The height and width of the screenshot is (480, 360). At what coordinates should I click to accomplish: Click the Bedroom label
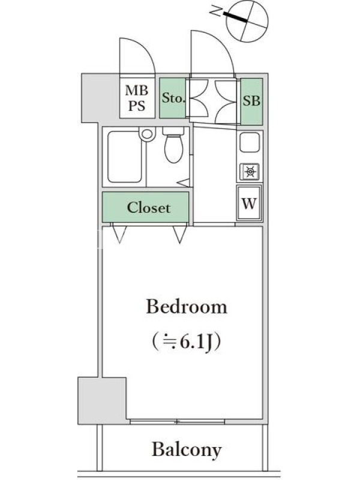click(187, 307)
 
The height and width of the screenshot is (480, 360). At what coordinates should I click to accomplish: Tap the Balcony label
click(187, 449)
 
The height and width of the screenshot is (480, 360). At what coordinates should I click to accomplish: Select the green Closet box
click(145, 207)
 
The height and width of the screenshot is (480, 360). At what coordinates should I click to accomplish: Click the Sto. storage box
click(173, 98)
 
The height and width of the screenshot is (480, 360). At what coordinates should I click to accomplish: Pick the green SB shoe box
click(251, 101)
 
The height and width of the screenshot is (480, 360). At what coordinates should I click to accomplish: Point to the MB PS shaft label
click(137, 98)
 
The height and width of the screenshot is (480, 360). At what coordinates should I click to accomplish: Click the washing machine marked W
click(249, 203)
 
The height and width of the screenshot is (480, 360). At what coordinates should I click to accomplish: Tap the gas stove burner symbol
click(250, 172)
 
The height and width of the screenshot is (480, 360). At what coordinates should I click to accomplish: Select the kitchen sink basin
click(250, 142)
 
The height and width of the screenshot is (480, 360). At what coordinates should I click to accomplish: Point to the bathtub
click(125, 157)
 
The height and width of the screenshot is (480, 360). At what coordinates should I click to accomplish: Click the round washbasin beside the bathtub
click(147, 134)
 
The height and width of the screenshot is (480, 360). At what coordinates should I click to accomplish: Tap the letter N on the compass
click(216, 11)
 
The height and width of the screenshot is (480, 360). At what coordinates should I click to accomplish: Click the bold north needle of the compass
click(235, 17)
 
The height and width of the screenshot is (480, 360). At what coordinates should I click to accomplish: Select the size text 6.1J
click(196, 342)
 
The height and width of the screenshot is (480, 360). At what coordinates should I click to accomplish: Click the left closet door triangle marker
click(119, 234)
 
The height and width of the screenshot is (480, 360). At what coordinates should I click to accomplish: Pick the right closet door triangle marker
click(179, 235)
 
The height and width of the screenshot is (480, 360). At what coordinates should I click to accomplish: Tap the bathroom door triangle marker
click(184, 183)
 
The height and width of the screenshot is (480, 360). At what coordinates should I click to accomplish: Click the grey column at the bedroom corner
click(102, 400)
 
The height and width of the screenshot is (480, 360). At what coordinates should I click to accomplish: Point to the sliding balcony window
click(177, 422)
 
